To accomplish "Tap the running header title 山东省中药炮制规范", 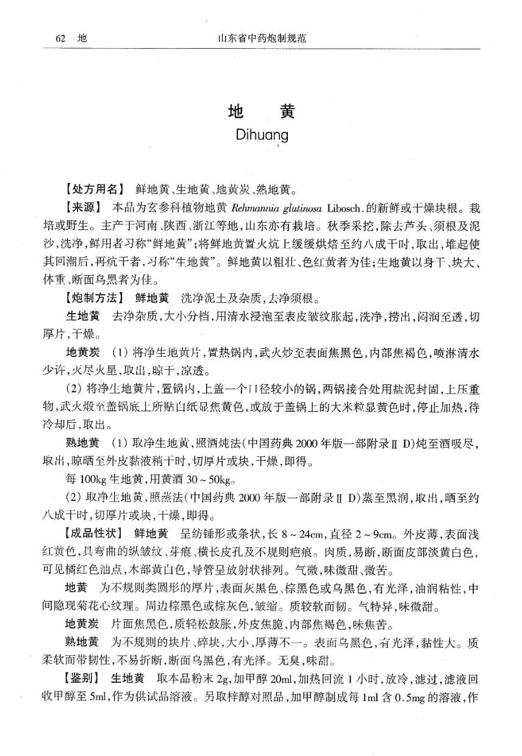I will coord(261,38).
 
